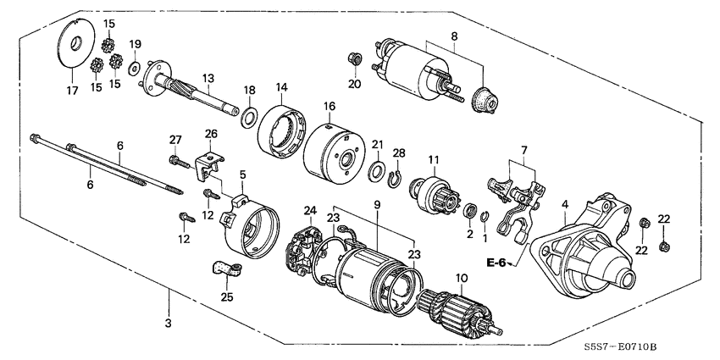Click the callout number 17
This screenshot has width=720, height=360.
71,90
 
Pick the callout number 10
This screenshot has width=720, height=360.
462,279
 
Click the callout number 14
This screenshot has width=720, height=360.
281,86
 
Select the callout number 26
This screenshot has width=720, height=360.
211,134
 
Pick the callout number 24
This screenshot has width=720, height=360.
310,211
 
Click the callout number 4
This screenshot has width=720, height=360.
564,203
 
